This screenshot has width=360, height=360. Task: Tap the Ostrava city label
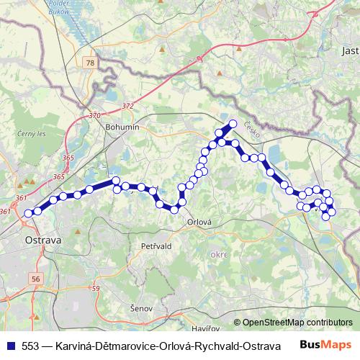(42, 239)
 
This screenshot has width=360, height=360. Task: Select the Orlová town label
(199, 222)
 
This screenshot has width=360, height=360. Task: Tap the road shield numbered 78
(89, 64)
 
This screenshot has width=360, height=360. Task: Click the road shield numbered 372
(127, 106)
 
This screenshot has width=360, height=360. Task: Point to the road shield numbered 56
(36, 277)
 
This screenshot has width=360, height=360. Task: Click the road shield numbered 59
(95, 288)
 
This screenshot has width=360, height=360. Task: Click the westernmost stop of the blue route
(28, 213)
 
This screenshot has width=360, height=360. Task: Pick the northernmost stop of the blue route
(233, 123)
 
